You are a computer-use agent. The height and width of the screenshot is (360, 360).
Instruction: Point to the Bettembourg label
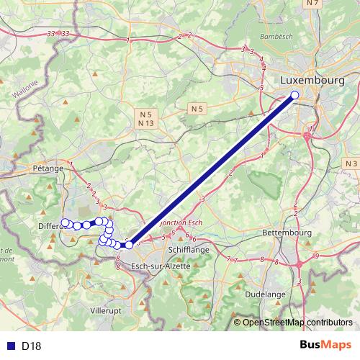287,233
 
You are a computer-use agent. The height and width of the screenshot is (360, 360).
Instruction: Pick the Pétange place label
48,167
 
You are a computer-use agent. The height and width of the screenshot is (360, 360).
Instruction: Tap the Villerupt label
107,311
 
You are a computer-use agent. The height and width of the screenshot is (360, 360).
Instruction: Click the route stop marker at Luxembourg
294,95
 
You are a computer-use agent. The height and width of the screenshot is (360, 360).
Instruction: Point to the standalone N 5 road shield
198,108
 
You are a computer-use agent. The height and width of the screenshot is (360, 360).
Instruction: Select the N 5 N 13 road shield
146,119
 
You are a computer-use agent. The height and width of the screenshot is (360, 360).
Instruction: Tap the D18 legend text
31,346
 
